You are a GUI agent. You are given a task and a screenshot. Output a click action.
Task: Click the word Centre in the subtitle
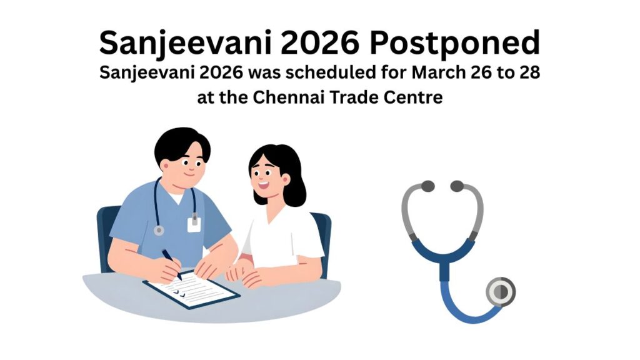[x=416, y=97]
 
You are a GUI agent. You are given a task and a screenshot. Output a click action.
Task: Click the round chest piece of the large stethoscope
[x=501, y=291]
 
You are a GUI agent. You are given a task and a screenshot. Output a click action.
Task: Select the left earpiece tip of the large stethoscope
[x=427, y=186]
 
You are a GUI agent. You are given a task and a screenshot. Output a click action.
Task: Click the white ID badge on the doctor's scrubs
[x=194, y=224]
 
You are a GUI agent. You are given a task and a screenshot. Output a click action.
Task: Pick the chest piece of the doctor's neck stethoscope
[x=159, y=231]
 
